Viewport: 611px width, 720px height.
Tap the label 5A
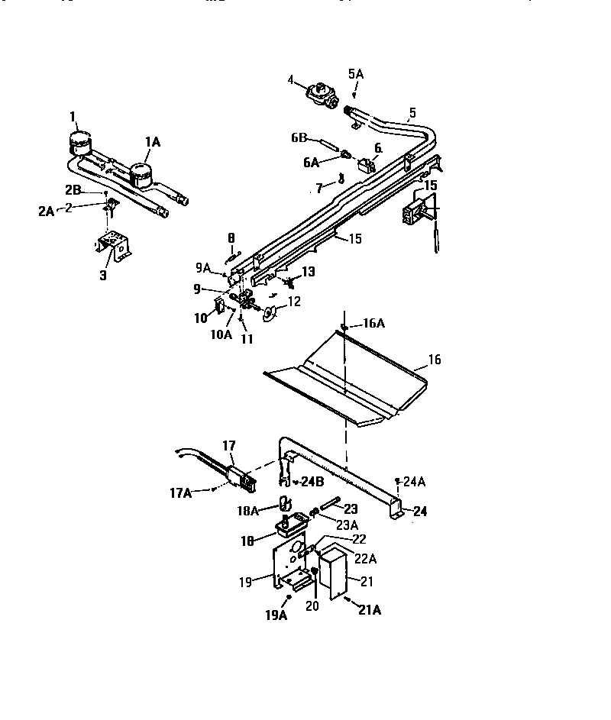click(x=356, y=74)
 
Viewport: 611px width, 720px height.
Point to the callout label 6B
click(x=299, y=138)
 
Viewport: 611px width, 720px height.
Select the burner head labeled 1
click(x=78, y=143)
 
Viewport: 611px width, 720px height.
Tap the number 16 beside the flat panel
click(x=435, y=359)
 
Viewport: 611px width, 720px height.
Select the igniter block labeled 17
click(x=238, y=477)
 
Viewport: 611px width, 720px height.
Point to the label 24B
click(x=312, y=482)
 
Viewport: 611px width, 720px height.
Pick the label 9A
click(x=202, y=268)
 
